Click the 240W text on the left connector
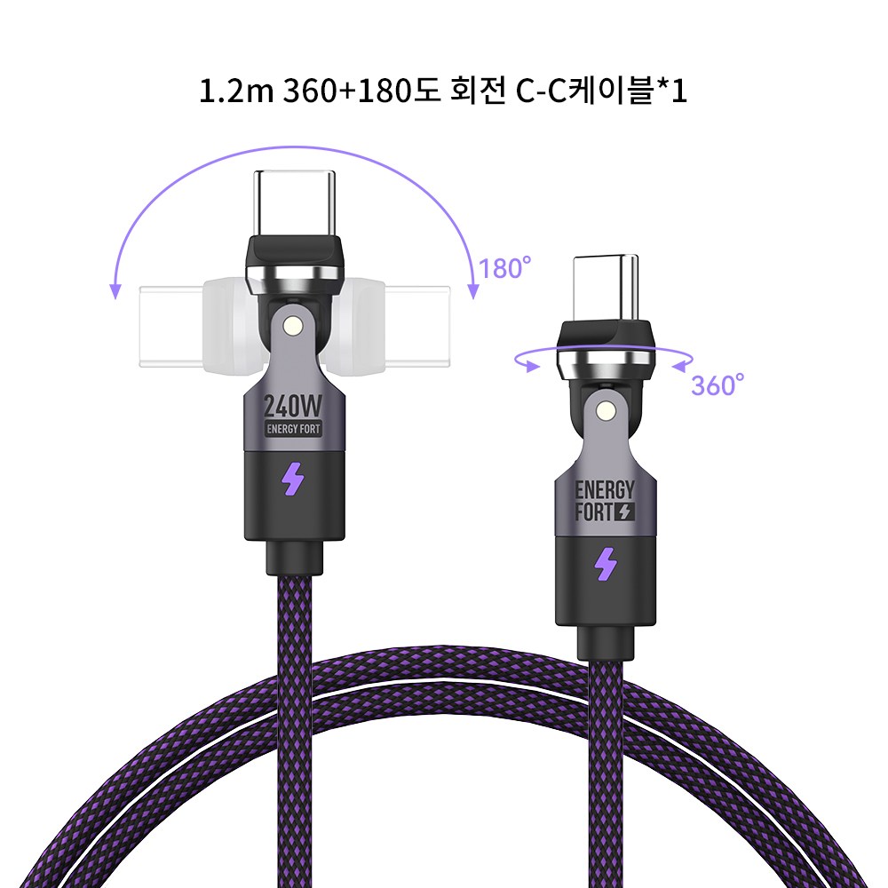(x=294, y=406)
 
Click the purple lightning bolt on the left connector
(x=293, y=480)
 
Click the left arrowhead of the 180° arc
(x=115, y=290)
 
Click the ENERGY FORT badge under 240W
(x=294, y=429)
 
